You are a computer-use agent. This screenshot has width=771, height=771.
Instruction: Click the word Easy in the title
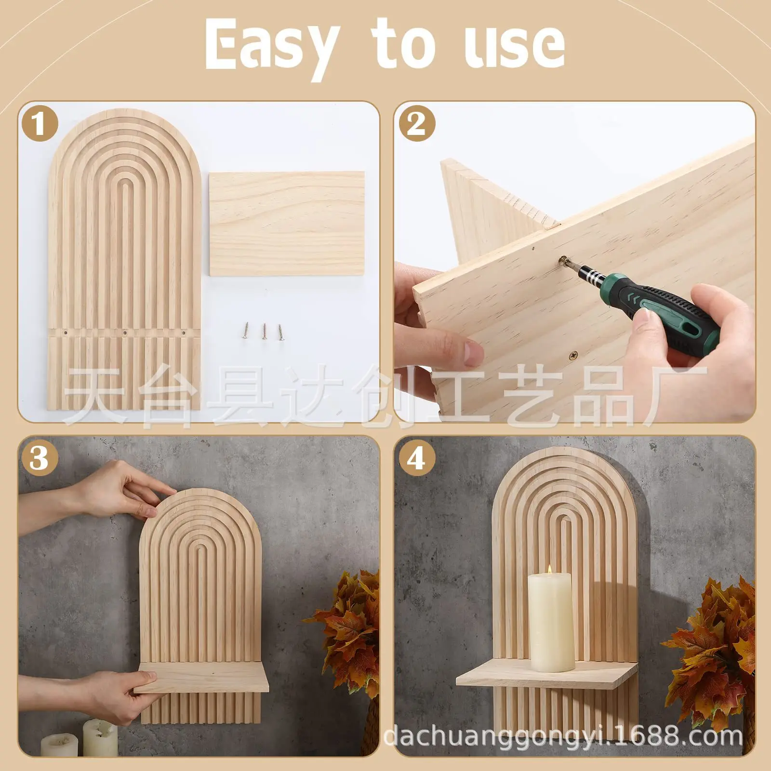pos(270,46)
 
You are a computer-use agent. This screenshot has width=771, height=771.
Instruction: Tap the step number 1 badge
pos(40,123)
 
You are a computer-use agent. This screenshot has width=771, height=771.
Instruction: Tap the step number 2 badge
pos(417,123)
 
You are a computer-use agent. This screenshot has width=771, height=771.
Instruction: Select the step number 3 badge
pos(40,458)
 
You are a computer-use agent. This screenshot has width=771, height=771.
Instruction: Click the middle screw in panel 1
pos(264,332)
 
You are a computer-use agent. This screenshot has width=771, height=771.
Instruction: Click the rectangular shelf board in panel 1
pos(287,224)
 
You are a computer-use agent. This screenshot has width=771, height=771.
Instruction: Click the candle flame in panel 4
pos(550,570)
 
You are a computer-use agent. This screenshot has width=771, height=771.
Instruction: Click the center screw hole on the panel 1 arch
pos(125,333)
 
